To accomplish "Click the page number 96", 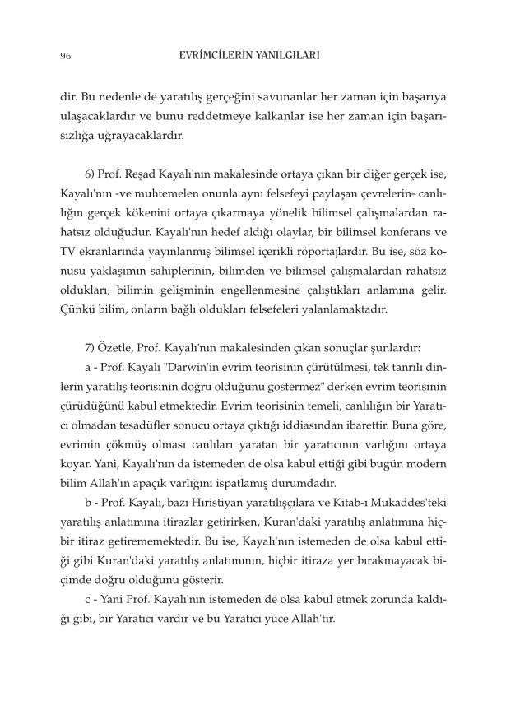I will point(65,57).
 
